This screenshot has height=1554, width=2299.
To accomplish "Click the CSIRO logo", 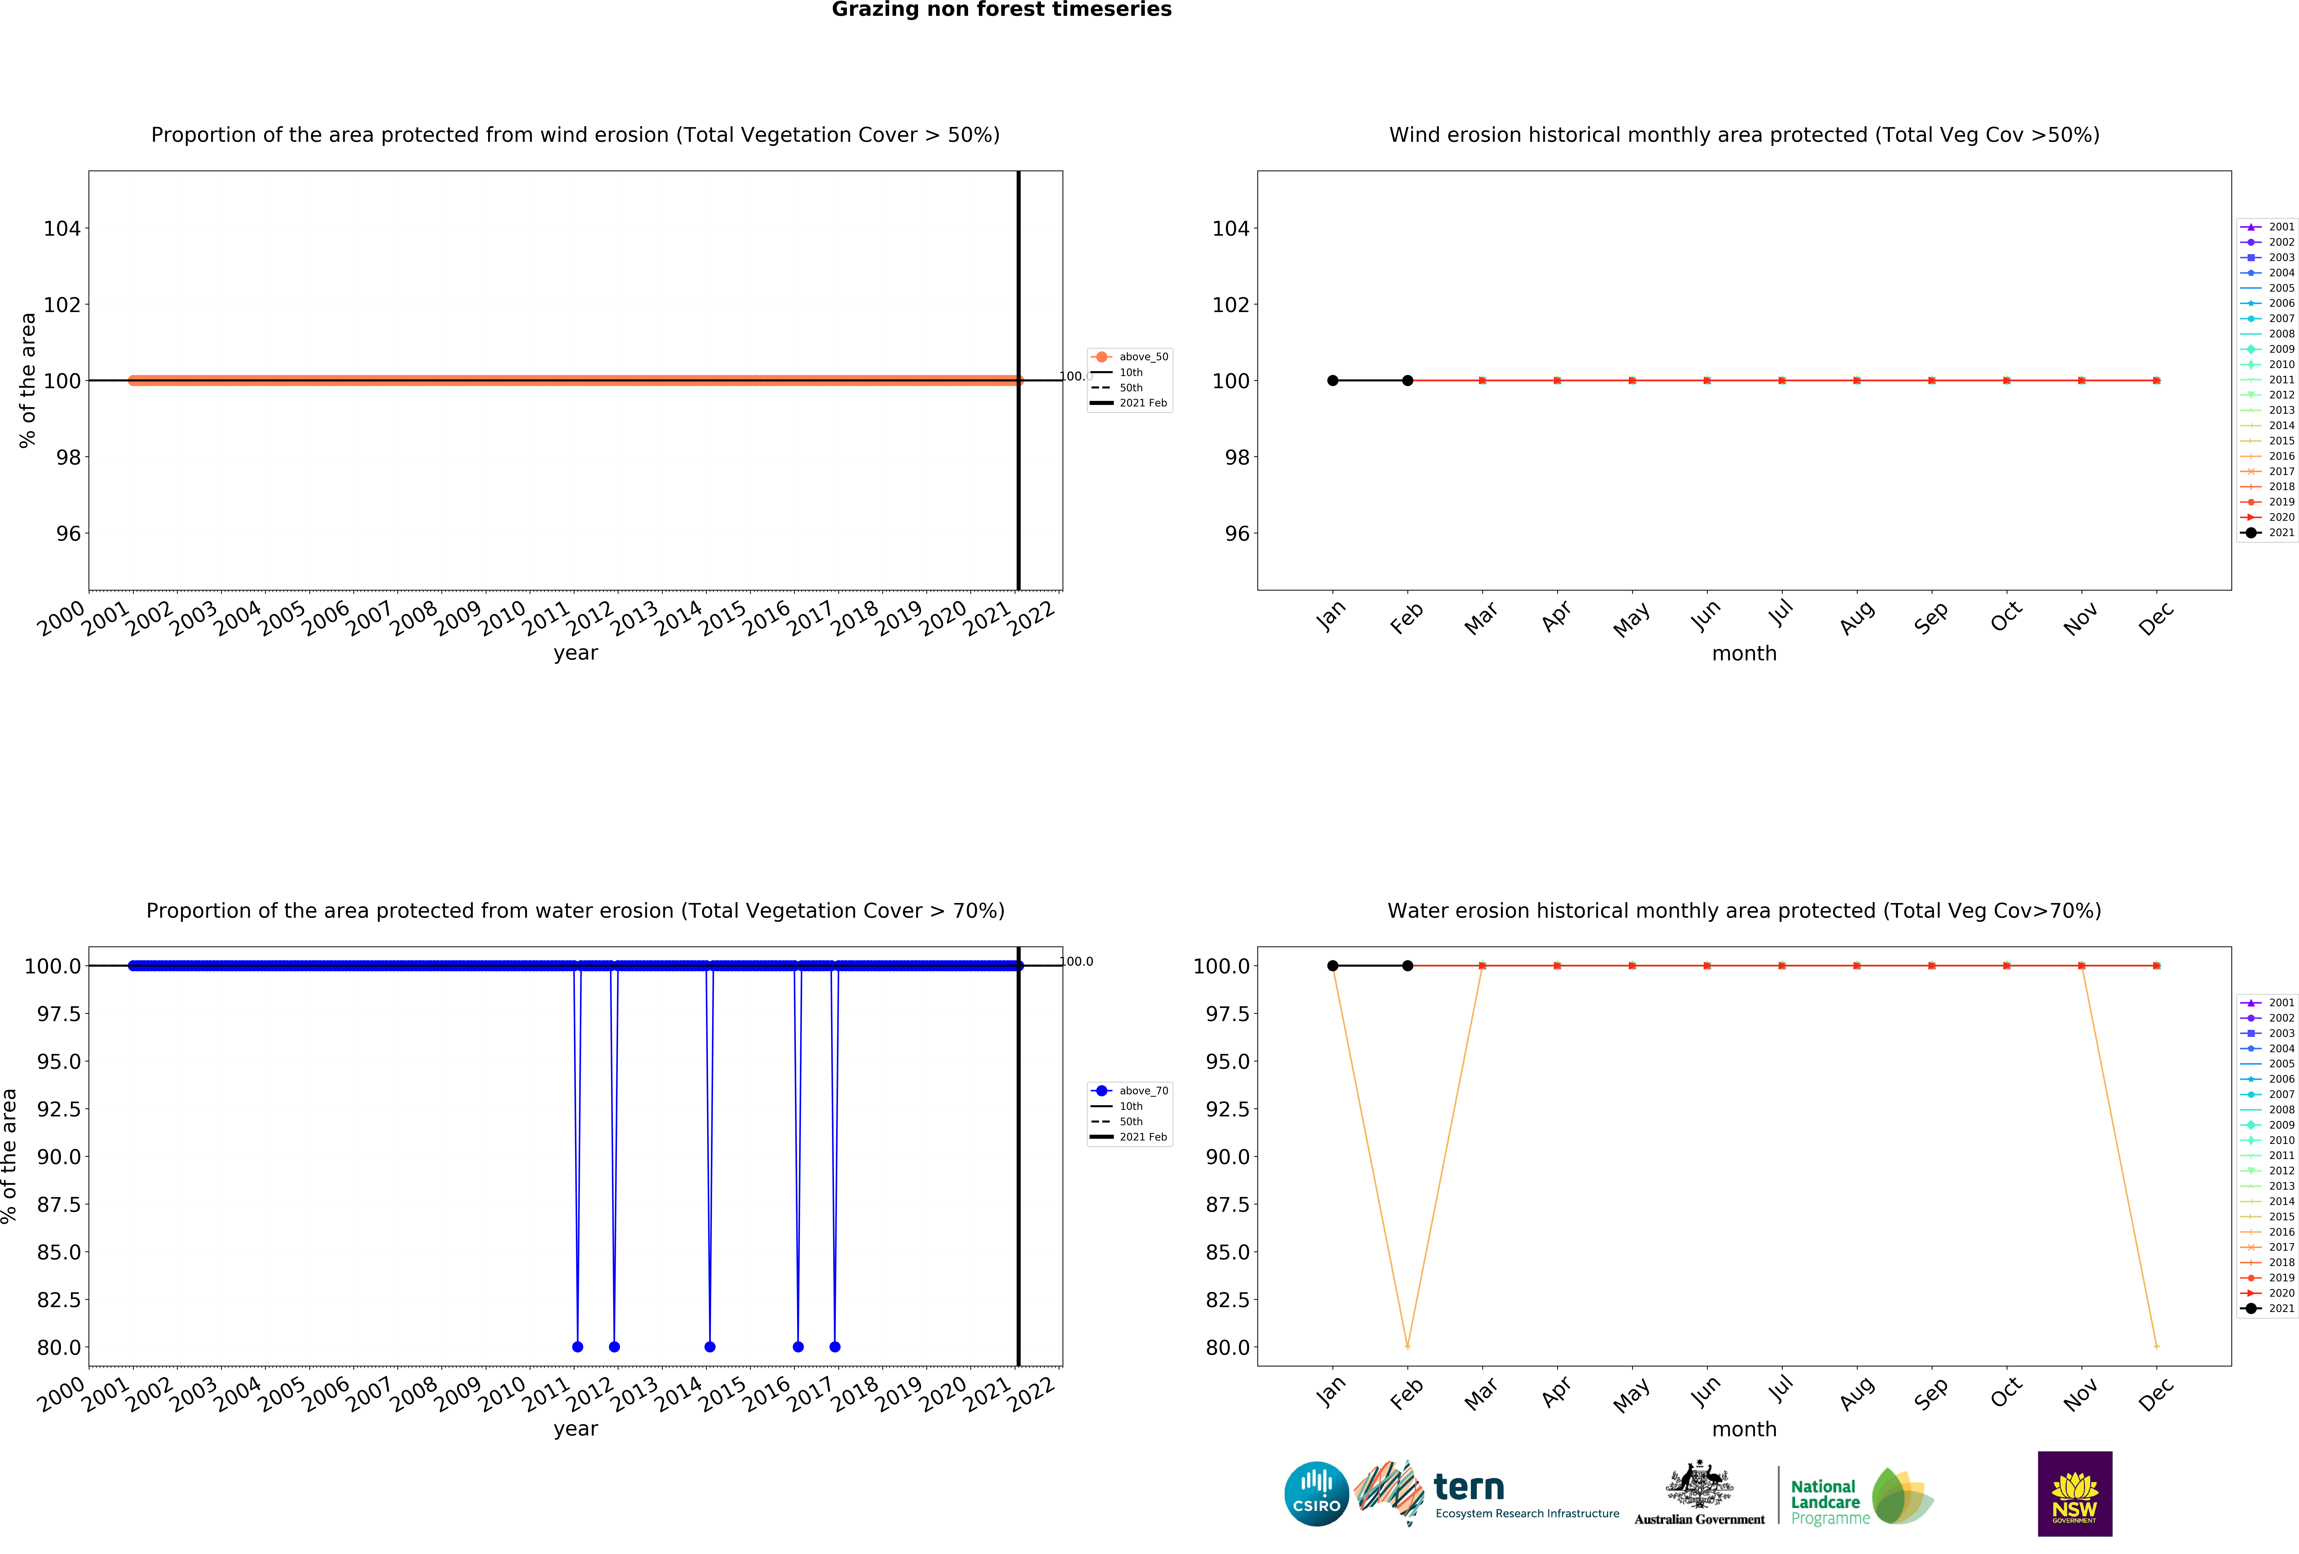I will pyautogui.click(x=1316, y=1494).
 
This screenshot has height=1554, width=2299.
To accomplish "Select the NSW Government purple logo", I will pyautogui.click(x=2075, y=1494).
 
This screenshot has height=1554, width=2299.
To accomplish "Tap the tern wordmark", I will pyautogui.click(x=1469, y=1487).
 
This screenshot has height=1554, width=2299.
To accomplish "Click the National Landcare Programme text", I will pyautogui.click(x=1825, y=1501).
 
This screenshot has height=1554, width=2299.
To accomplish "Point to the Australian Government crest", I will pyautogui.click(x=1699, y=1484).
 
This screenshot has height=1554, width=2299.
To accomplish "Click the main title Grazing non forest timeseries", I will pyautogui.click(x=1001, y=10).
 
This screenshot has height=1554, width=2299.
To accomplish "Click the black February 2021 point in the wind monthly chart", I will pyautogui.click(x=1408, y=381).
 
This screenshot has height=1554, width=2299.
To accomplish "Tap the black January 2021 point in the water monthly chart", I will pyautogui.click(x=1333, y=965).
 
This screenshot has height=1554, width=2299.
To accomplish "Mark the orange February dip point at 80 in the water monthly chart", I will pyautogui.click(x=1408, y=1346).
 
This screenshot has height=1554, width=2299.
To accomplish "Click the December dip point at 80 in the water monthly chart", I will pyautogui.click(x=2156, y=1346).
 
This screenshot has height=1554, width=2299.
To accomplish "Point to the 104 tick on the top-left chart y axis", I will pyautogui.click(x=62, y=228).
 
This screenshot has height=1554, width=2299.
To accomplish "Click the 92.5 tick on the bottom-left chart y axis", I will pyautogui.click(x=58, y=1109).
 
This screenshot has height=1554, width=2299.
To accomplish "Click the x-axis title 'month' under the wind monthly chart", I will pyautogui.click(x=1744, y=654).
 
